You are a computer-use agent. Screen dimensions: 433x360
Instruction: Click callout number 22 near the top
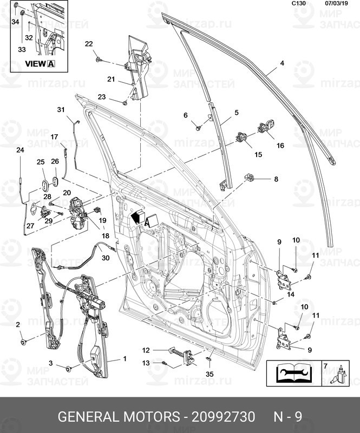click(89, 44)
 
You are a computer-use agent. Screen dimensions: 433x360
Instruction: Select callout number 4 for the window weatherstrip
click(282, 63)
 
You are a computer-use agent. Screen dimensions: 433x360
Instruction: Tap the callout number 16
click(280, 146)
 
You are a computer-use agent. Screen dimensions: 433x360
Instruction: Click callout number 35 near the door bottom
click(210, 373)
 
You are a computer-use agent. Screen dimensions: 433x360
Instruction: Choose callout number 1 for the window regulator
click(125, 358)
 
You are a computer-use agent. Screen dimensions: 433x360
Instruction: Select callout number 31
click(61, 110)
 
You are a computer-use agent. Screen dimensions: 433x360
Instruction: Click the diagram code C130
click(299, 3)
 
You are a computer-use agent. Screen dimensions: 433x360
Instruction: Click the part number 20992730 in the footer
click(224, 417)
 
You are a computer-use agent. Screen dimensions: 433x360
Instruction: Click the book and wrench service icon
click(293, 373)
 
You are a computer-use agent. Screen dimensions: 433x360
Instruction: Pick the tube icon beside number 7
click(341, 376)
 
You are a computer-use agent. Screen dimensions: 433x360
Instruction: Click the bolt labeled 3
click(69, 369)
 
